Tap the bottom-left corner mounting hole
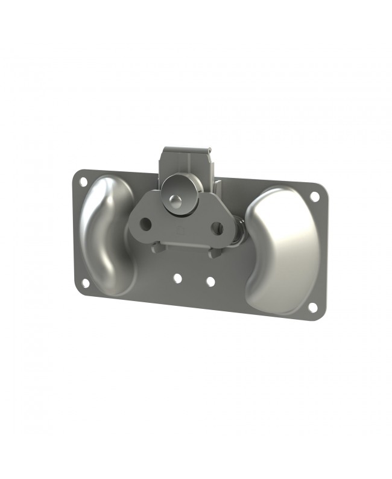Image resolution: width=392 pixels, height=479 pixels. (x=85, y=283)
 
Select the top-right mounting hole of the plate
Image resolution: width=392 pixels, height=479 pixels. (x=314, y=196)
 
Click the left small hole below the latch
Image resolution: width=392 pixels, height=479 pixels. (x=177, y=278)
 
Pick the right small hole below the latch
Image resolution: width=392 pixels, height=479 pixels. (x=210, y=281)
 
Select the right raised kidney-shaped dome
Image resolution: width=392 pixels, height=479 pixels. (x=280, y=250)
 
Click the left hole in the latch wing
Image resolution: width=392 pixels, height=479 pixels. (x=145, y=223)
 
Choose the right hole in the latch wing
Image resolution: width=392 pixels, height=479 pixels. (x=217, y=229)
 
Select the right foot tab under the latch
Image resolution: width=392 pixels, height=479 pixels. (x=214, y=253)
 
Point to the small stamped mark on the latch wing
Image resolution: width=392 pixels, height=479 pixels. (x=180, y=230)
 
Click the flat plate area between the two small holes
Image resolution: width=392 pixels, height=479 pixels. (x=194, y=280)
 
